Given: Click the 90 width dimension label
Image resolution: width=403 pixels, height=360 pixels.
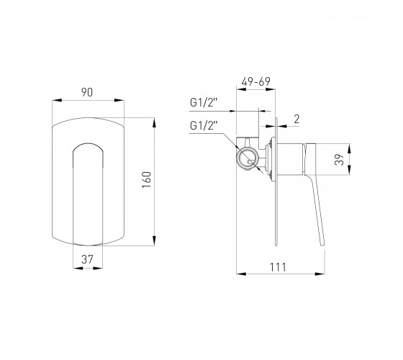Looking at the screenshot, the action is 87,92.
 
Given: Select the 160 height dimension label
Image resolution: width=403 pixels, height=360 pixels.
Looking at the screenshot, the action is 147,180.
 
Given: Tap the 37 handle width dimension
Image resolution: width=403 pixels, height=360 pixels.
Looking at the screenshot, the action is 87,259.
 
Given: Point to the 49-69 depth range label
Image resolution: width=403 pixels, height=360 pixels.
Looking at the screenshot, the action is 255,82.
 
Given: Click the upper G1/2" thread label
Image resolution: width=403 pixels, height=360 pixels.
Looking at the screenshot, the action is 204,103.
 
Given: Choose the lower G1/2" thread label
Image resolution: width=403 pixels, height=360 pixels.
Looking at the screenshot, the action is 204,126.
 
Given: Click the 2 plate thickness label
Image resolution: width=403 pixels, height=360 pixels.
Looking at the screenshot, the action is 296,120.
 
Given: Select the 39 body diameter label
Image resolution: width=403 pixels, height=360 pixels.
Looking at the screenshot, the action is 339,160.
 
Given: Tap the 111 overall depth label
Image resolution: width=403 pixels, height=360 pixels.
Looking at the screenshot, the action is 278,267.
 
